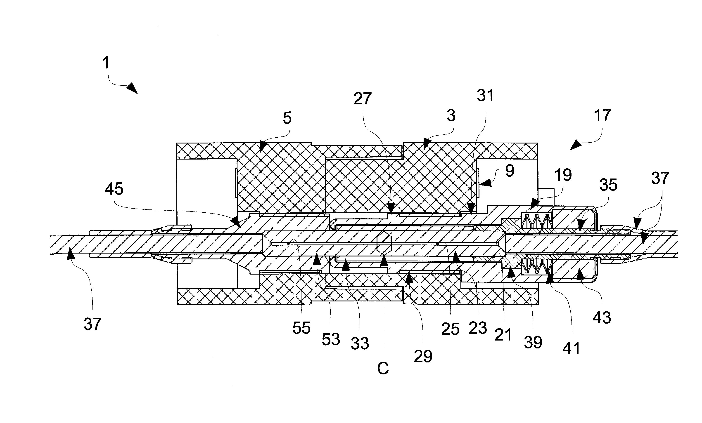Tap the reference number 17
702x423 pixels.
coord(602,115)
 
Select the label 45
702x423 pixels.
coord(114,189)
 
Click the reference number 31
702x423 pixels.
coord(485,95)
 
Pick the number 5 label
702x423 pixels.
coord(287,118)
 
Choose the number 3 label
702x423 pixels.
coord(451,115)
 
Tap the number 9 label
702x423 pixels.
coord(510,171)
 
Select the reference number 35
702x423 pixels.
coord(608,185)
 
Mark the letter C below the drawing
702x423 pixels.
coord(383,369)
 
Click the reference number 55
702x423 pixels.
coord(301,328)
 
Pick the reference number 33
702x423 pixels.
coord(360,344)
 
